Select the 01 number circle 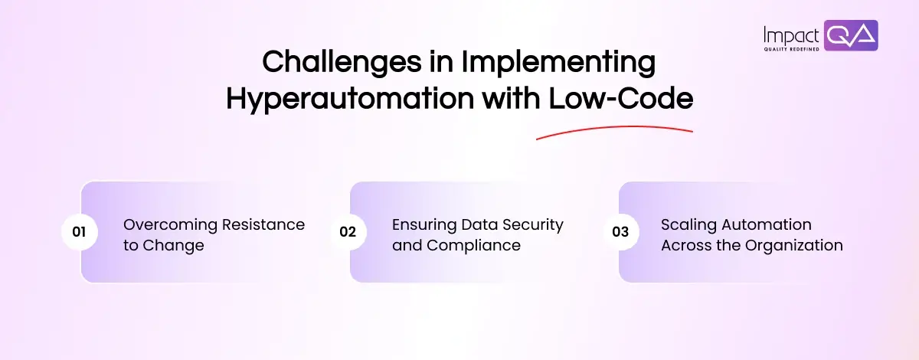tap(80, 232)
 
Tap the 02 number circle tap(348, 232)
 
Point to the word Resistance tap(263, 224)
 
